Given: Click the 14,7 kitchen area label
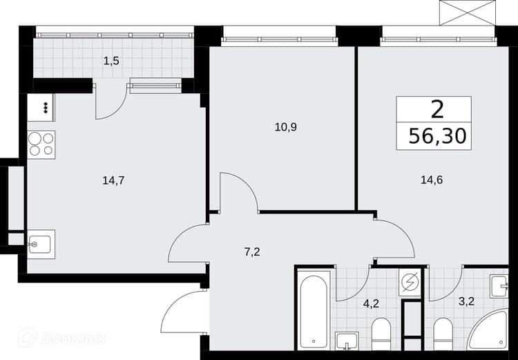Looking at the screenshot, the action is (x=113, y=181).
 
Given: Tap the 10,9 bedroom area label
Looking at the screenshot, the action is (x=286, y=127).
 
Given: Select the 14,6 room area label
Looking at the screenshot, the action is (x=432, y=180).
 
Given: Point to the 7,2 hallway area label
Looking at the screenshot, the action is (x=252, y=252).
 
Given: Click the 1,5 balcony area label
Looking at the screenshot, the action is (x=111, y=61).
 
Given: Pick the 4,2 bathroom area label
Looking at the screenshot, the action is (x=371, y=303).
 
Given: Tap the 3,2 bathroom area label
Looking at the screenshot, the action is (x=467, y=301).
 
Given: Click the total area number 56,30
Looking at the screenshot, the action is (x=437, y=136).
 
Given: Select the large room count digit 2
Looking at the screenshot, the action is (x=437, y=110).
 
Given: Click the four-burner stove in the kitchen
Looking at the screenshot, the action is (x=41, y=145).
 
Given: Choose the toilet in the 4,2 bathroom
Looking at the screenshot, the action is (x=381, y=334).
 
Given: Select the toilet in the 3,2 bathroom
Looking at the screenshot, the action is (x=443, y=334).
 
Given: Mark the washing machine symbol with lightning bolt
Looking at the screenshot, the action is (x=410, y=283).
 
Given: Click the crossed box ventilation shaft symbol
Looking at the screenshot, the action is (x=468, y=12).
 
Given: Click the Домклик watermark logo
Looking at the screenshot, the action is (x=62, y=337).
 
